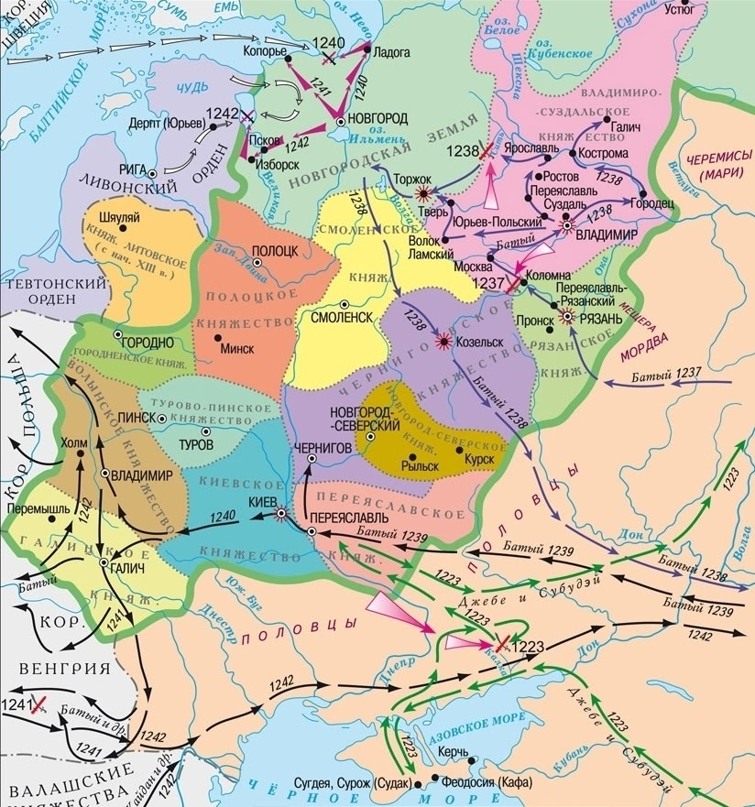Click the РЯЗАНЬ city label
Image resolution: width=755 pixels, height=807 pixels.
(x=599, y=317)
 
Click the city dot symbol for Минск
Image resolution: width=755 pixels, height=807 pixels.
(x=217, y=336)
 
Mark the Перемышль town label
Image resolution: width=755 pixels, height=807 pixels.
(x=36, y=507)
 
